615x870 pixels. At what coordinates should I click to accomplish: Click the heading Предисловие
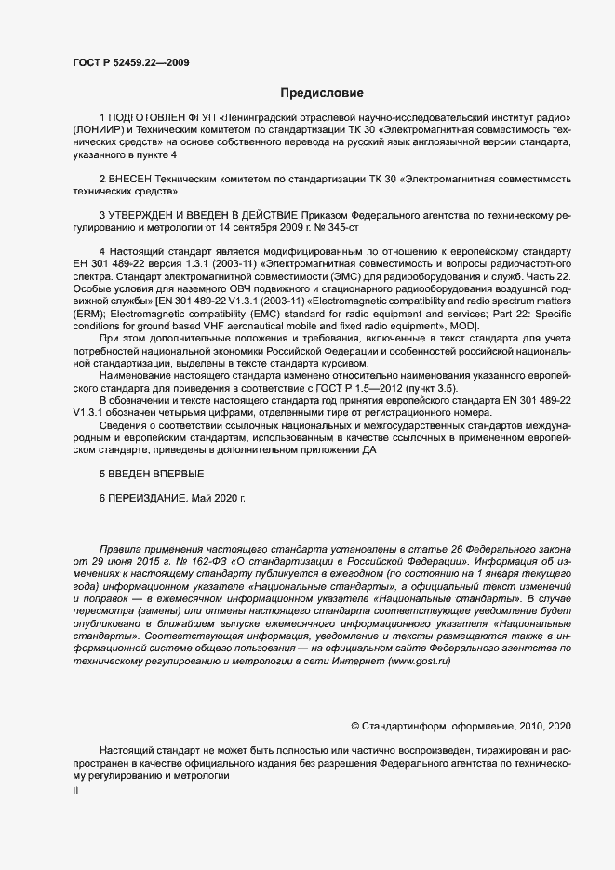tap(322, 93)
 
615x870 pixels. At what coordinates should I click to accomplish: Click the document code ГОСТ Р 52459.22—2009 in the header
tap(133, 61)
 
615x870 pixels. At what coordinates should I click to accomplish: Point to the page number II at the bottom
tap(75, 791)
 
